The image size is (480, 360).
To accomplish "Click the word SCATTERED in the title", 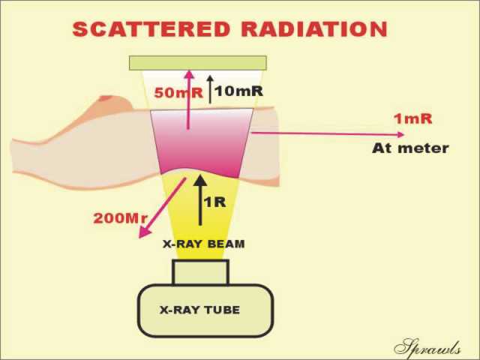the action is tap(151, 29).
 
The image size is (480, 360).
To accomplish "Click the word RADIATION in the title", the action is tap(314, 29).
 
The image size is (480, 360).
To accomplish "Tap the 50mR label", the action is tap(178, 93).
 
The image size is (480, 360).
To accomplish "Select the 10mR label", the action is tap(238, 91).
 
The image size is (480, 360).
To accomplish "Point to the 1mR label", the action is tap(413, 118).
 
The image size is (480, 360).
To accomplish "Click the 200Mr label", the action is tap(120, 218).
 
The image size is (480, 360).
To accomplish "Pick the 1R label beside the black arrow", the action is tap(215, 202).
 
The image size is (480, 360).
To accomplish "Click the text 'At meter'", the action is tap(410, 148).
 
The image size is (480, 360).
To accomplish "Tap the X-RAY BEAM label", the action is tap(203, 244).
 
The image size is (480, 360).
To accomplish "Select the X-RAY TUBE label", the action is tap(199, 310).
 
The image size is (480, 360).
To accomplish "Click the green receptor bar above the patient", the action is tap(198, 63).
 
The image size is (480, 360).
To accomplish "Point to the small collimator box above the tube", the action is tap(200, 272).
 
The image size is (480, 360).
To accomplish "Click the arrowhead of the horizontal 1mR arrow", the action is tap(400, 134).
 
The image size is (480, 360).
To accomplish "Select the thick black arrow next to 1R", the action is tap(200, 200).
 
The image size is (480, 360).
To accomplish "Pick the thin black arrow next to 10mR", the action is tap(210, 89).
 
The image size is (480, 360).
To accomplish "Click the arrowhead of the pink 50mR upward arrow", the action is tap(190, 74).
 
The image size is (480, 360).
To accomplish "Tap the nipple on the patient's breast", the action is tap(106, 98).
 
